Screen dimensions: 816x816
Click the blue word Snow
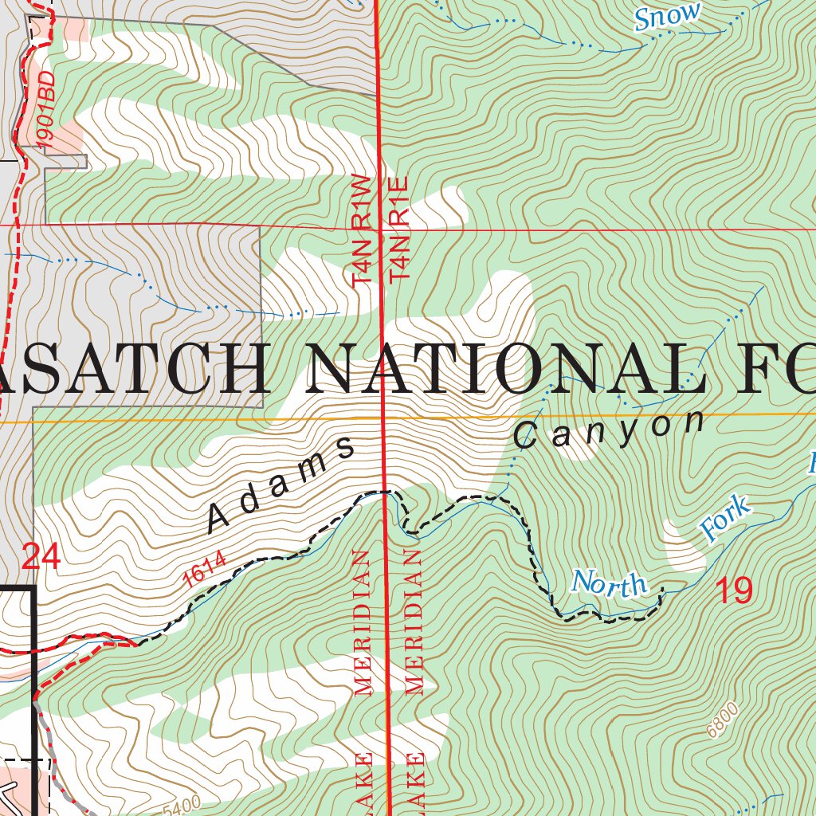[668, 16]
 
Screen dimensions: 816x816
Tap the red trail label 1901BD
[46, 108]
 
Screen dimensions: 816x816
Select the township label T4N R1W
[362, 230]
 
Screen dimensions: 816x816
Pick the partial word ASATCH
[131, 369]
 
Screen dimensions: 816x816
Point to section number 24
[41, 556]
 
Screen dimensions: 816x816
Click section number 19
[732, 590]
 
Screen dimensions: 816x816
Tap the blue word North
[610, 583]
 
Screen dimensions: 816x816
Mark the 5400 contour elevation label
[181, 807]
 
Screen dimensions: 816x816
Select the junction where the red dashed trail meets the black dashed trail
[137, 642]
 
